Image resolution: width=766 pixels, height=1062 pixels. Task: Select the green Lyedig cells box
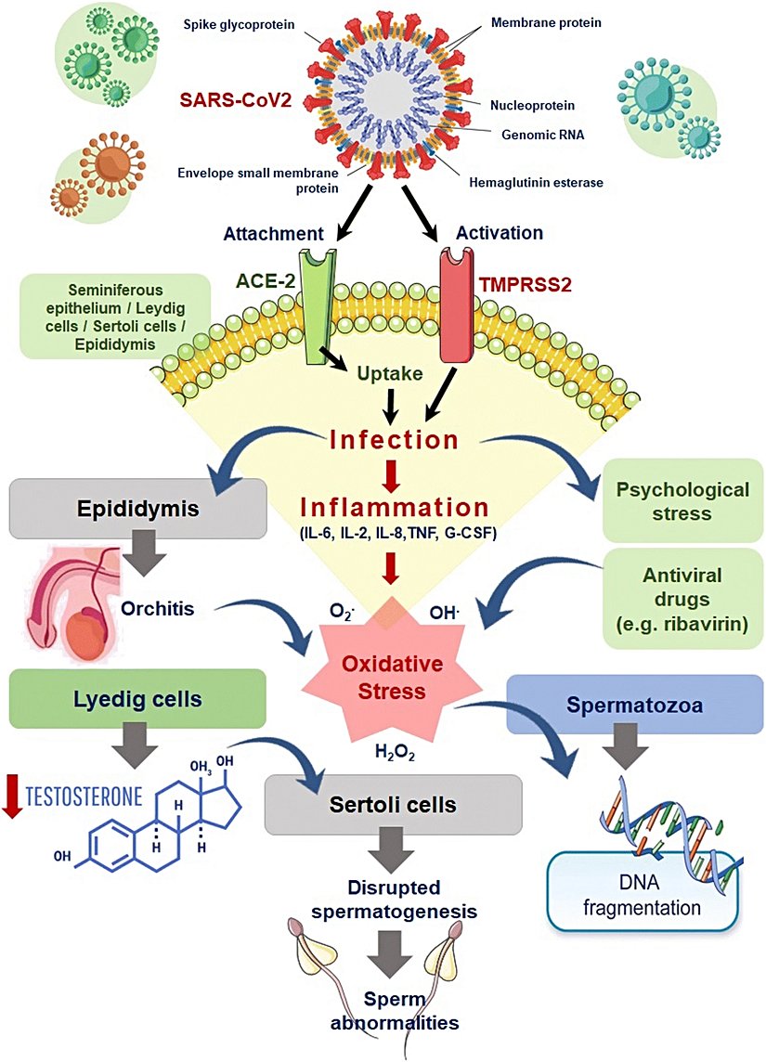pyautogui.click(x=138, y=699)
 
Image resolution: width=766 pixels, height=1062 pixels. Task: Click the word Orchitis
pyautogui.click(x=159, y=607)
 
